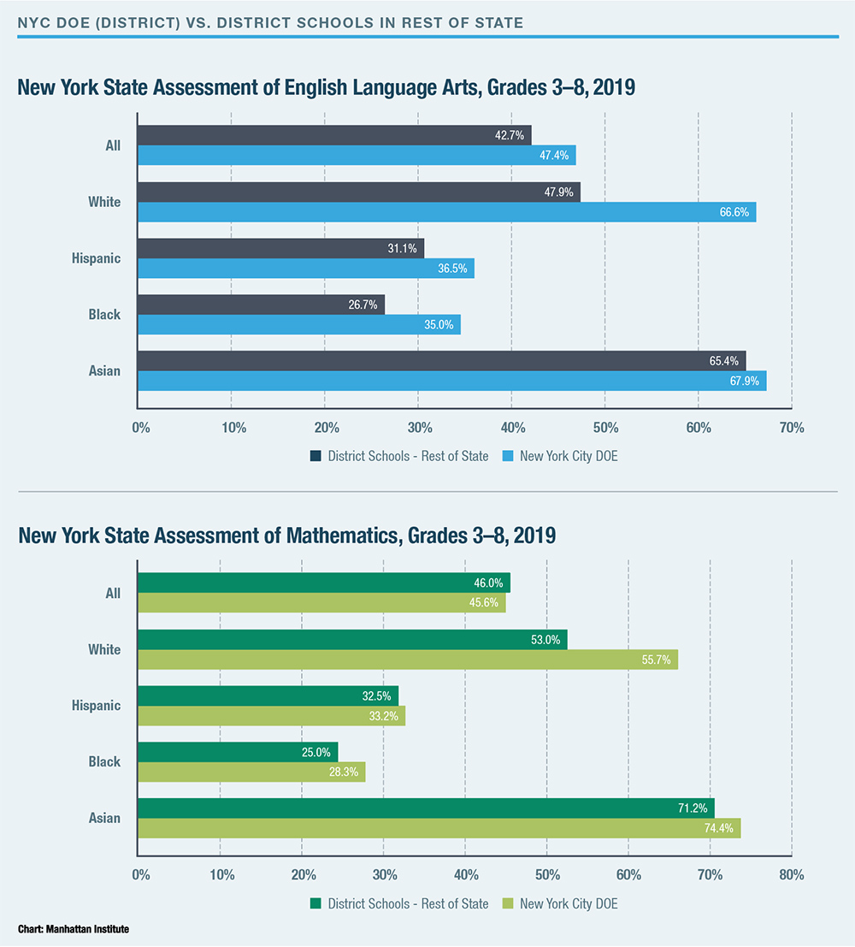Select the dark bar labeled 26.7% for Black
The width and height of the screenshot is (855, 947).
coord(261,305)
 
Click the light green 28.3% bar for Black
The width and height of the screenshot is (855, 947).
coord(251,772)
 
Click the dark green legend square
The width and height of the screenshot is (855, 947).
coord(315,903)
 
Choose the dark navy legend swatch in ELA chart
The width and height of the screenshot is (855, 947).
coord(315,456)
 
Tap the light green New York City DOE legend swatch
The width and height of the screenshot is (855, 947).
coord(507,903)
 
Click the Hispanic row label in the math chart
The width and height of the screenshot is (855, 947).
coord(96,706)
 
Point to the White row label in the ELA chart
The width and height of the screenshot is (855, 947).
coord(104,202)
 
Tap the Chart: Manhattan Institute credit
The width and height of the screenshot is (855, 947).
coord(73,928)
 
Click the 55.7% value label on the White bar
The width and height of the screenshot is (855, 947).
coord(656,660)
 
